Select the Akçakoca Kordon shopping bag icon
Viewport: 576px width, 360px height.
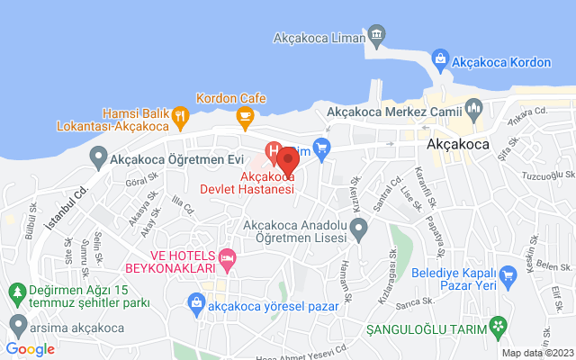[440, 58]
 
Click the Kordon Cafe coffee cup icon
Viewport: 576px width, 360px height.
[244, 114]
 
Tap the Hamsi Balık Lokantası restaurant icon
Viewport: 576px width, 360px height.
[180, 114]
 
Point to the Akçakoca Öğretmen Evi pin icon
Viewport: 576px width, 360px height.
[98, 159]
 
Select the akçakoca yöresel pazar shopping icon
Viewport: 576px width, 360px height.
[195, 305]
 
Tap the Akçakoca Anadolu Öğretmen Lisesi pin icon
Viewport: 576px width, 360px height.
[359, 231]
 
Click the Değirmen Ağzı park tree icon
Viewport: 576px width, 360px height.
[15, 292]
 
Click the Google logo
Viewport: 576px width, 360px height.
[30, 348]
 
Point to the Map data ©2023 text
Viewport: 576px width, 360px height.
[536, 353]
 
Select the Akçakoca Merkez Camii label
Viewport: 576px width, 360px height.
[392, 112]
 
